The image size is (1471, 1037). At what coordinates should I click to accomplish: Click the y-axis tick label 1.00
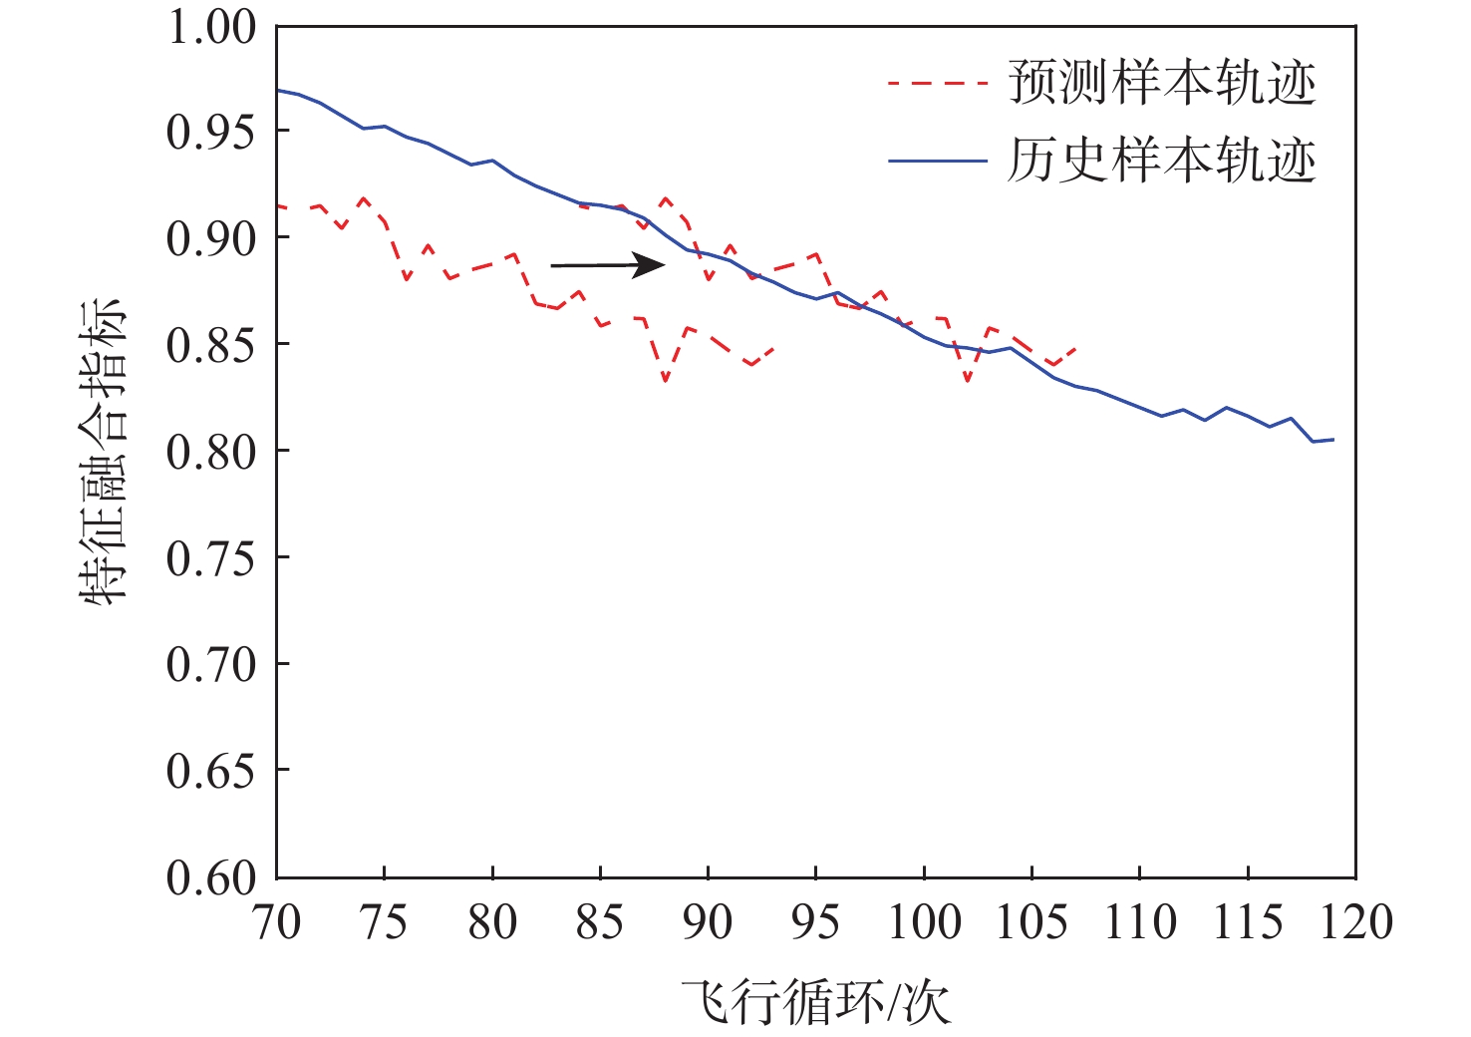[211, 27]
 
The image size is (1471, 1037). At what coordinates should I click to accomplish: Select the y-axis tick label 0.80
[211, 451]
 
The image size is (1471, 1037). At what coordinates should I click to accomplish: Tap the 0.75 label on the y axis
[211, 557]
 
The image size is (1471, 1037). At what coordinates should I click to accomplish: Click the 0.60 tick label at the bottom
[211, 877]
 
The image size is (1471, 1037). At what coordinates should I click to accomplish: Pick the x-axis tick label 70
[276, 922]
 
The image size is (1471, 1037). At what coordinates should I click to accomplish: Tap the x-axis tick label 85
[600, 922]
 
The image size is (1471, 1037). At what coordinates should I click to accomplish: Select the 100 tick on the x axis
[924, 922]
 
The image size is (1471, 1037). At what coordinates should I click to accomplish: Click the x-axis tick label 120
[1354, 922]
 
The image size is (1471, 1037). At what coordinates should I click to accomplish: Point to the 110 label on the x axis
[1139, 922]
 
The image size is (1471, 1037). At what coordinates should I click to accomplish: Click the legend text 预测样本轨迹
[1162, 83]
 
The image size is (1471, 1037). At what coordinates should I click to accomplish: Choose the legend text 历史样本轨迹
[1162, 161]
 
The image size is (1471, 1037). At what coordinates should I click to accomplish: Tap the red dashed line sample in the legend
[937, 84]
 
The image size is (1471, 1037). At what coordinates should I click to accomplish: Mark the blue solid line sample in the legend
[937, 162]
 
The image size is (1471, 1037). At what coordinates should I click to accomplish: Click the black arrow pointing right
[608, 264]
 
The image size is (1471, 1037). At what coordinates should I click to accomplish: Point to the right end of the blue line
[1332, 440]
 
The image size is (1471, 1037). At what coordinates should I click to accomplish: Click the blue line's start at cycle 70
[278, 90]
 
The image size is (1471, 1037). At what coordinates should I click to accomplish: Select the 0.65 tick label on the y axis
[211, 771]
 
